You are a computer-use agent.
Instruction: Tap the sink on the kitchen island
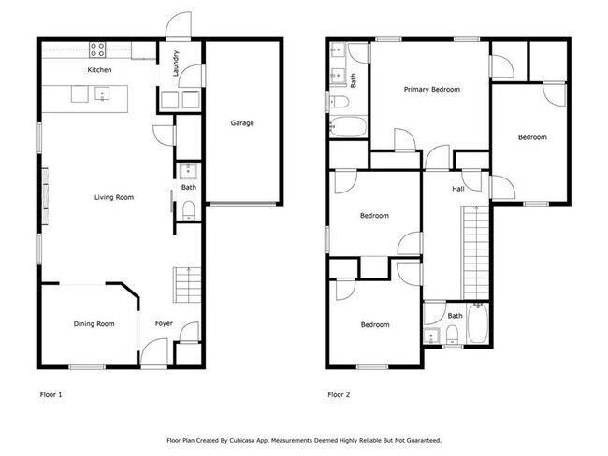pos(100,93)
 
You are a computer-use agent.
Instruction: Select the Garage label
pos(242,123)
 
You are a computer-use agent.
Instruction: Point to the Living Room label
pos(113,197)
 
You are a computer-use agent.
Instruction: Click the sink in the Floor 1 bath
pos(188,171)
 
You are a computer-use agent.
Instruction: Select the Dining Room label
pos(94,324)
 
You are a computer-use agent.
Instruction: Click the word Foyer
pos(164,324)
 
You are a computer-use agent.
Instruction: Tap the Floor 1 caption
pos(51,395)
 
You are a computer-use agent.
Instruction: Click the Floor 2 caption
pos(340,395)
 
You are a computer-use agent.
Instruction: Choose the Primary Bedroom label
pos(431,90)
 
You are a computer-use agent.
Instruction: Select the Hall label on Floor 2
pos(458,190)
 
